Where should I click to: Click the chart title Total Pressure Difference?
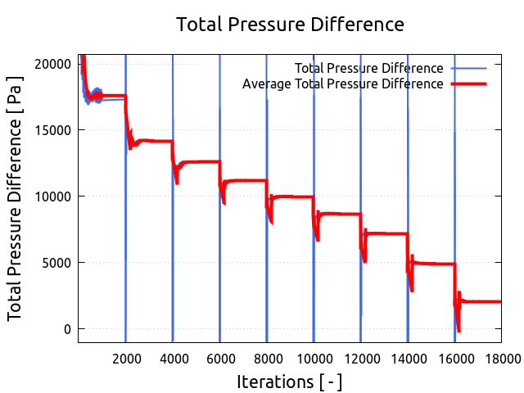(290, 25)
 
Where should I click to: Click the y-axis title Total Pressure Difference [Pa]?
(15, 198)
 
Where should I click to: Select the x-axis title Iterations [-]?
(289, 382)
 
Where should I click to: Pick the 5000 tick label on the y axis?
(56, 263)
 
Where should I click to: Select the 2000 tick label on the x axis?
(125, 357)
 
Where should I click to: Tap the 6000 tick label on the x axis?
(219, 357)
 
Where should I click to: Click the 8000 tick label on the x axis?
(267, 357)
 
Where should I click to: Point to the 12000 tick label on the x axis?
(361, 357)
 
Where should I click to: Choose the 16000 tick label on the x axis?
(455, 357)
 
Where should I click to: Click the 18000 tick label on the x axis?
(502, 357)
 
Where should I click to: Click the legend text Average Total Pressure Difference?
(343, 84)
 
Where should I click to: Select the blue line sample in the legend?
(468, 68)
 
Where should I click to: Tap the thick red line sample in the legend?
(468, 84)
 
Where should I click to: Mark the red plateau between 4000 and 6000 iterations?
(201, 162)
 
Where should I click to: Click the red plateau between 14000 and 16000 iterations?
(434, 264)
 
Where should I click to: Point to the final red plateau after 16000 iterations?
(483, 302)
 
